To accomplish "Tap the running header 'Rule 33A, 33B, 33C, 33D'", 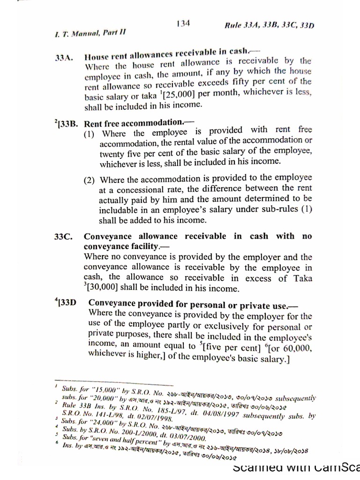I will point(270,26).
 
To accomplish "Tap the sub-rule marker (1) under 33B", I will point(89,134).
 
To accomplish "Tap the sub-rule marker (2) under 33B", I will point(89,180).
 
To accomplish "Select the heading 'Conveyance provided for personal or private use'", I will point(187,305).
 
